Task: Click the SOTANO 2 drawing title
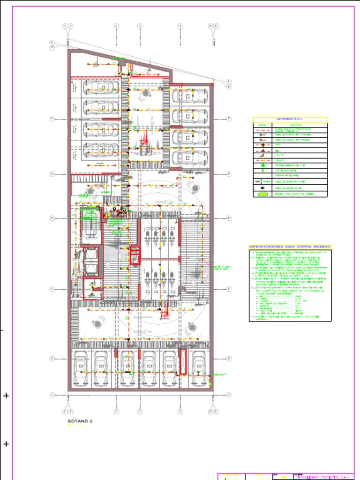[80, 421]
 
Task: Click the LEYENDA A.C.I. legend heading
[290, 120]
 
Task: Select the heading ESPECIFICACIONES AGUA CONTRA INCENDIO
[290, 246]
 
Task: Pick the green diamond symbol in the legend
[263, 165]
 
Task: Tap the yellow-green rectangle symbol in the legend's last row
[262, 194]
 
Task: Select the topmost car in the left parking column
[101, 87]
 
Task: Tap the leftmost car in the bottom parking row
[81, 368]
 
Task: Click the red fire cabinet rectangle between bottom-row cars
[183, 362]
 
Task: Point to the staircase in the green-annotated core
[90, 224]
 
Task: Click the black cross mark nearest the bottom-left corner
[6, 444]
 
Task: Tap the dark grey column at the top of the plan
[122, 62]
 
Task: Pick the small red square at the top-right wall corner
[212, 85]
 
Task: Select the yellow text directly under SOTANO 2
[75, 426]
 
